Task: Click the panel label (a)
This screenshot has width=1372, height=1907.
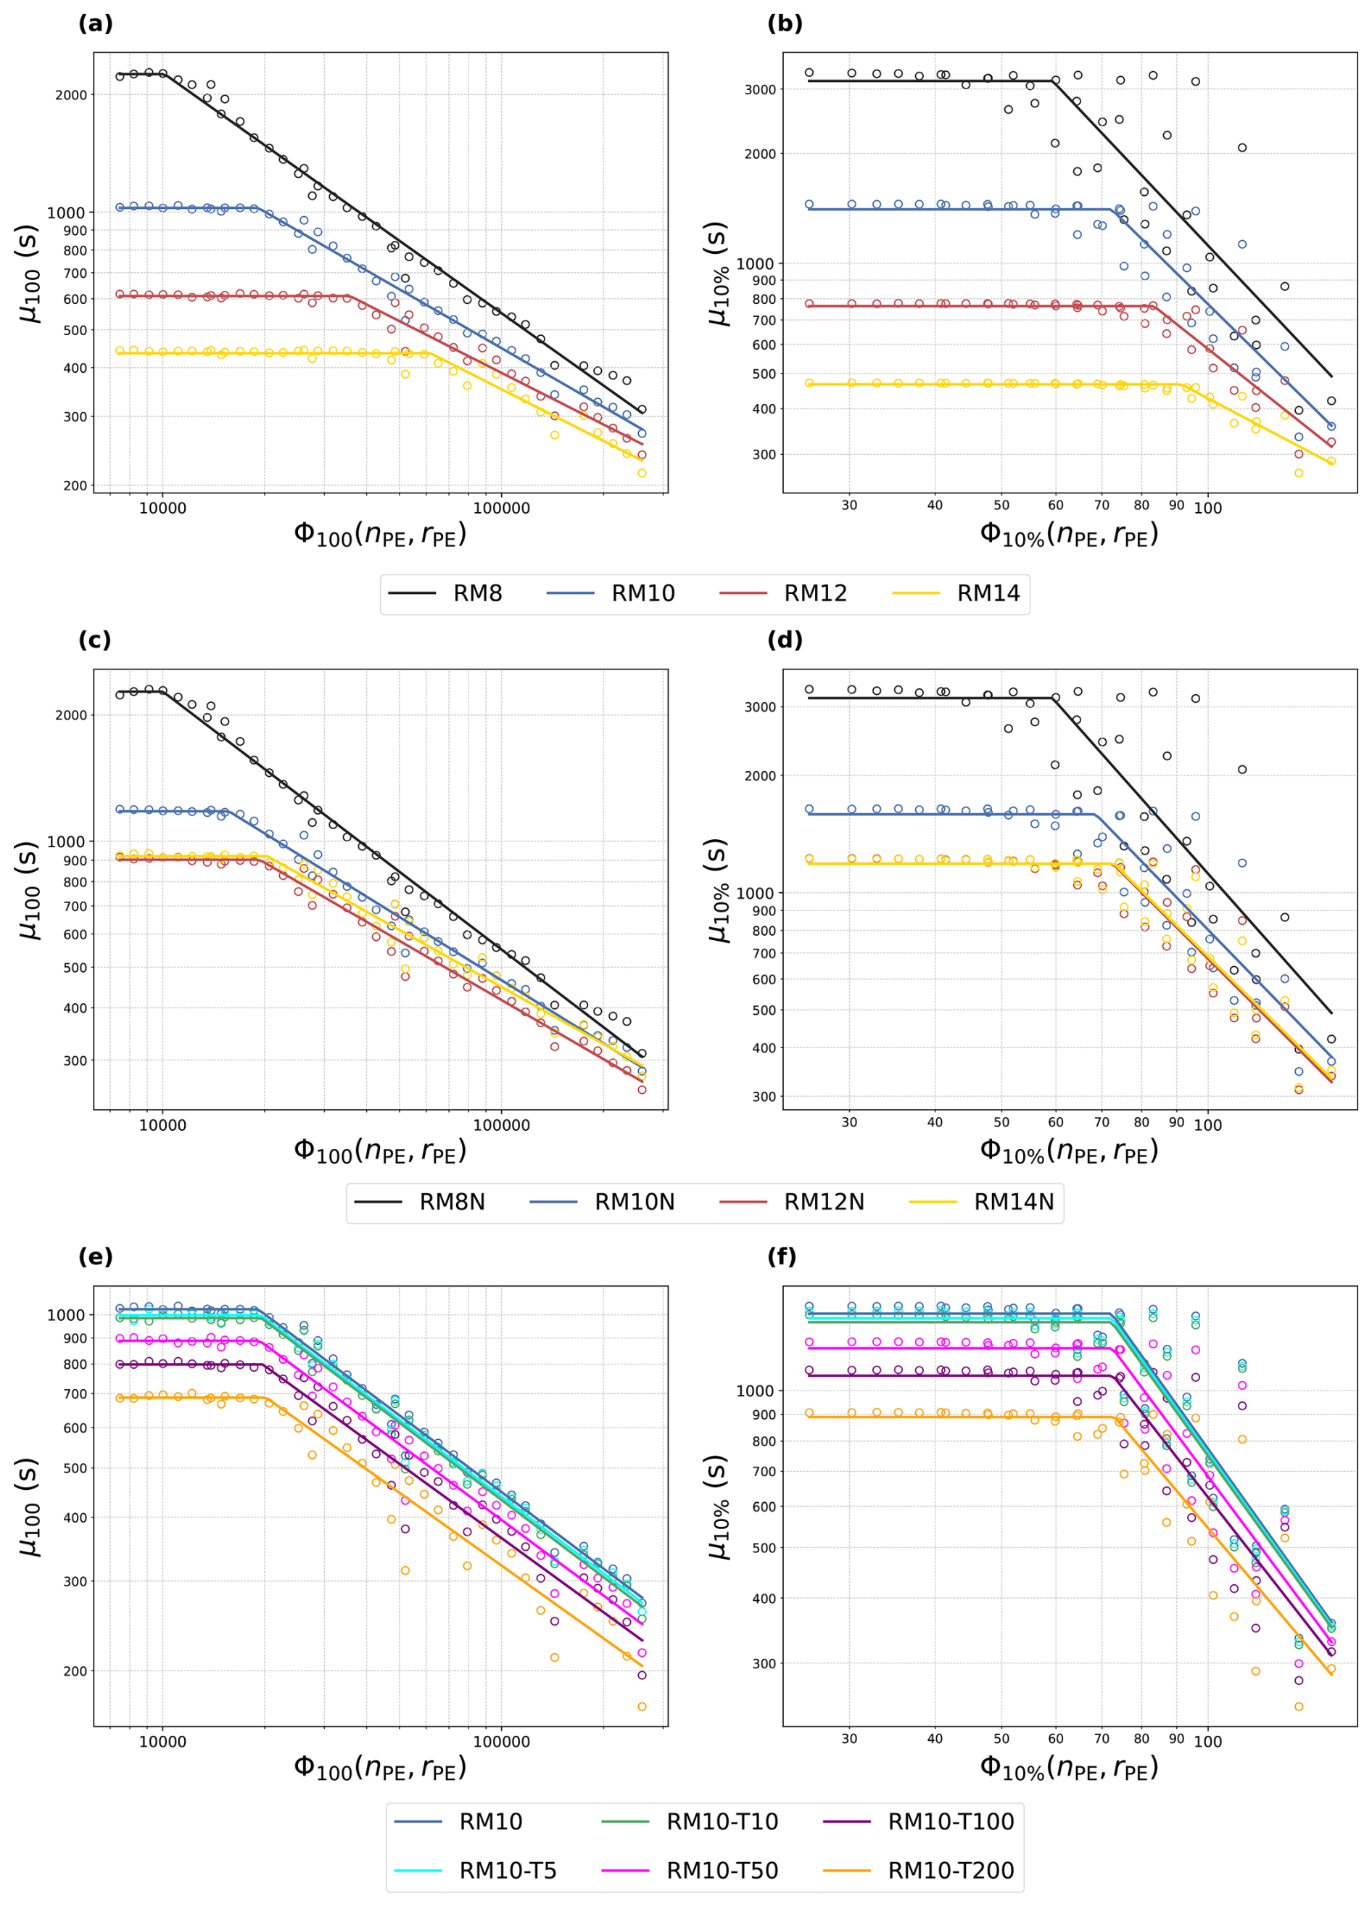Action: tap(95, 23)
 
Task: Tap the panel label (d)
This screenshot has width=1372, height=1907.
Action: tap(785, 640)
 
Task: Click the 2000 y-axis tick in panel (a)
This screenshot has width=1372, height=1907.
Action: tap(72, 95)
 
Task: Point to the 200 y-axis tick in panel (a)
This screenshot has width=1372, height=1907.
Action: tap(75, 486)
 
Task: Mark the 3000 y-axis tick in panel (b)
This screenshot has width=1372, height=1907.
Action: tap(761, 89)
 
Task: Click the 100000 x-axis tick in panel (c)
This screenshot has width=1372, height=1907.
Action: tap(501, 1126)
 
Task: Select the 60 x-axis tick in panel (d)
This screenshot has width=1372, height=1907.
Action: tap(1055, 1122)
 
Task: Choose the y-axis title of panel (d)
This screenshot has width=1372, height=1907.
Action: tap(717, 891)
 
